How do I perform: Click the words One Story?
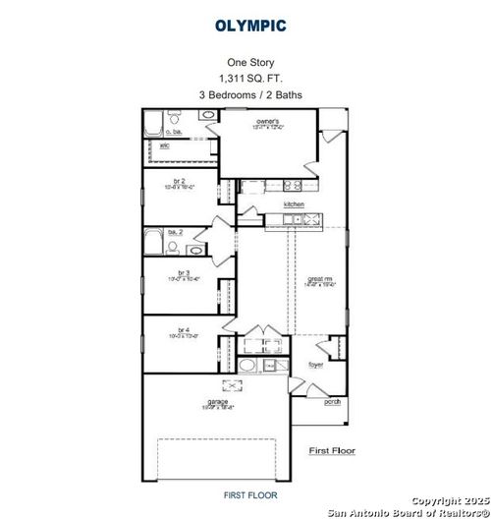[245, 59]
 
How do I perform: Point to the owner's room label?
[270, 122]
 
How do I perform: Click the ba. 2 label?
[174, 231]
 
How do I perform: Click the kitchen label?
[295, 204]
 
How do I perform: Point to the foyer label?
[315, 365]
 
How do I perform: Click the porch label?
[333, 400]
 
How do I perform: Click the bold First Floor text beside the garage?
[332, 450]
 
